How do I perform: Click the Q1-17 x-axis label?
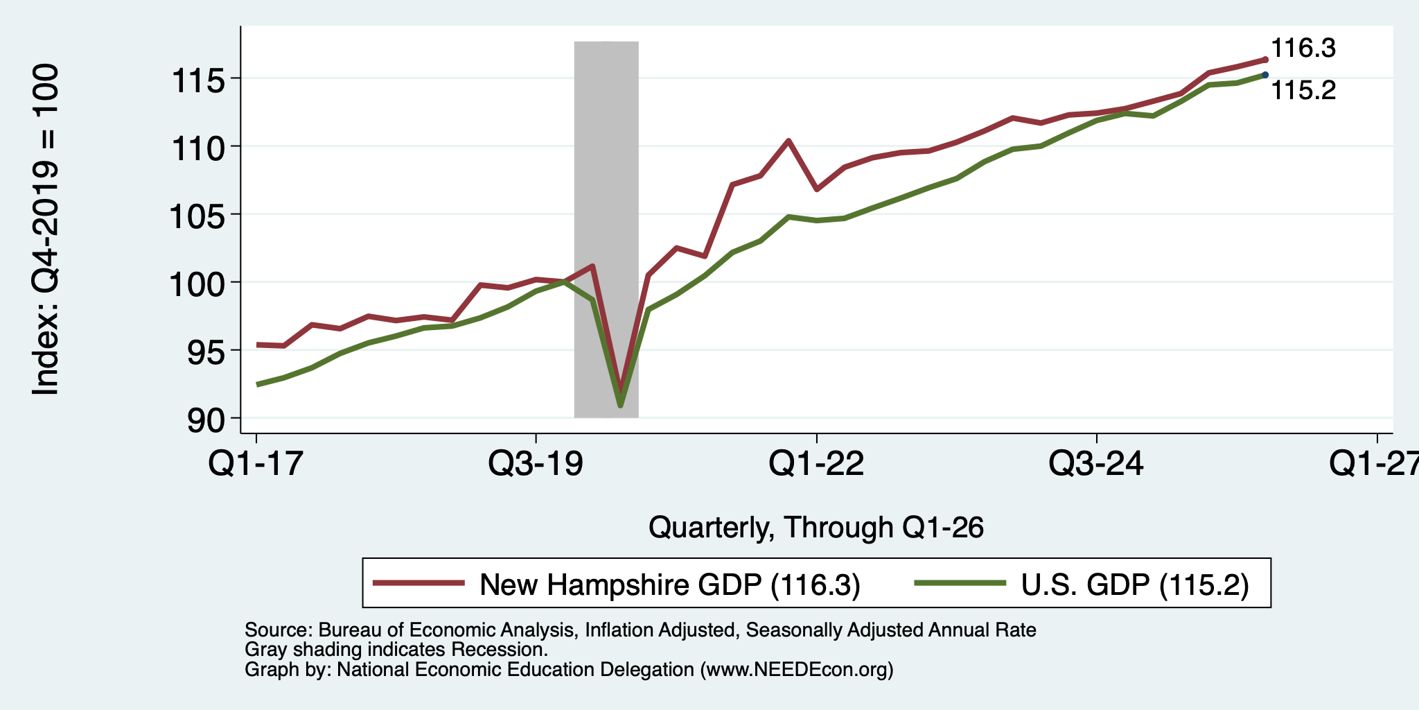[256, 462]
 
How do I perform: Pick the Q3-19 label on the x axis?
[536, 462]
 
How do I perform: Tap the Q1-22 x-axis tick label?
[817, 462]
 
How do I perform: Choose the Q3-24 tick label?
[1097, 462]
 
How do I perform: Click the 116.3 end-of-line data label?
[1303, 49]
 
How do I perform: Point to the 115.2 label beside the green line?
[1303, 91]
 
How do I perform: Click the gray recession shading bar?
[606, 230]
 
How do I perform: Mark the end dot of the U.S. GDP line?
[1265, 75]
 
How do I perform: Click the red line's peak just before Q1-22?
[788, 141]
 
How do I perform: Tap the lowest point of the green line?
[620, 405]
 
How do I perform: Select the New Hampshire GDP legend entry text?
[670, 585]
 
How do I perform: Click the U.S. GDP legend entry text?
[1135, 585]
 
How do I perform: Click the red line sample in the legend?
[418, 583]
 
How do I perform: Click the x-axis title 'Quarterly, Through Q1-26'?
[816, 528]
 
